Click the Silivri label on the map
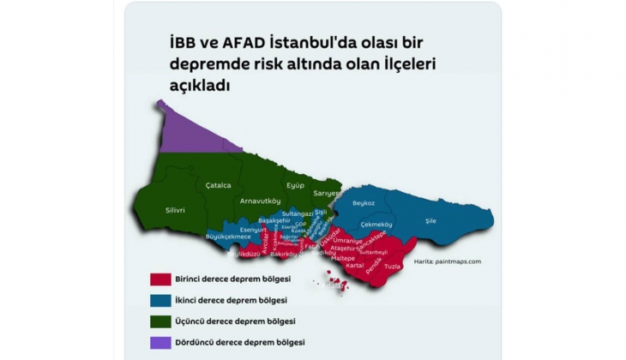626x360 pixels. pos(176,209)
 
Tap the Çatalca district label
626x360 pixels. pos(219,184)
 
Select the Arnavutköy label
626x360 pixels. pos(261,201)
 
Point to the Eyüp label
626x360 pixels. pos(295,185)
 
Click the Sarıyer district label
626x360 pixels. pos(326,194)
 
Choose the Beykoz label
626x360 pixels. pos(364,203)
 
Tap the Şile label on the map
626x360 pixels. pos(431,220)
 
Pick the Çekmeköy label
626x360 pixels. pos(376,224)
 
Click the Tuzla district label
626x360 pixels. pos(393,267)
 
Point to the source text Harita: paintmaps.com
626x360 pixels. pos(447,261)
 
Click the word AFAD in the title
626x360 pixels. pos(243,42)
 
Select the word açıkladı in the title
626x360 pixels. pos(201,86)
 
